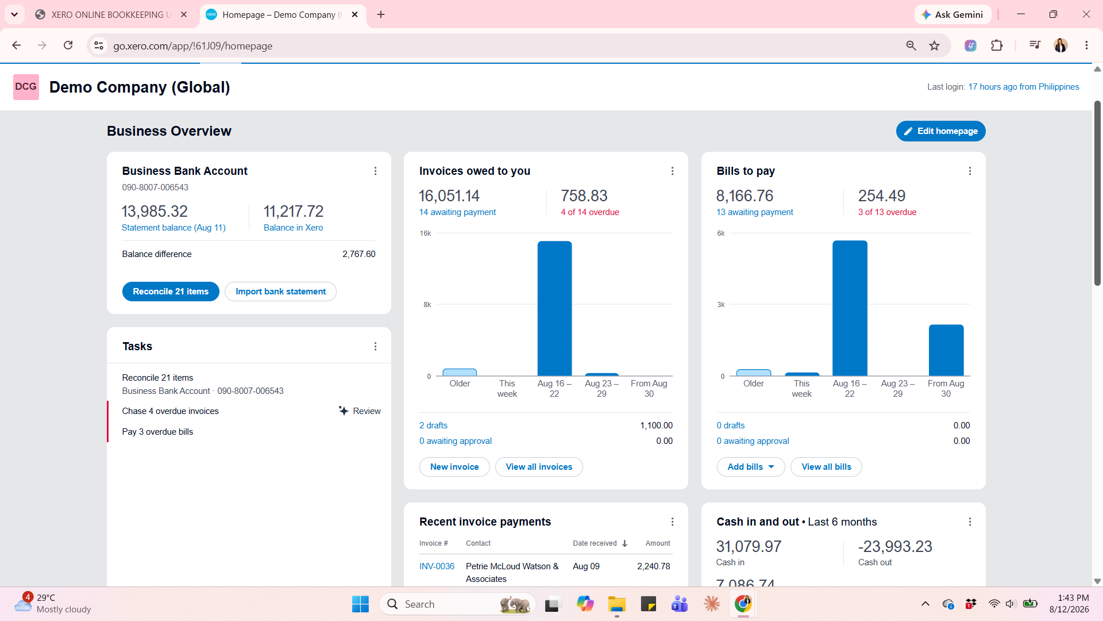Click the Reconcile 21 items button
[x=171, y=292]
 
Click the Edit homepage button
[x=940, y=131]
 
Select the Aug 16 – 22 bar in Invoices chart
[x=554, y=308]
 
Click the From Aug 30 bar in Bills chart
[x=946, y=350]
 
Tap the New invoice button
[x=454, y=467]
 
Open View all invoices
[x=539, y=467]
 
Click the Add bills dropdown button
[x=751, y=467]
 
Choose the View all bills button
[x=826, y=467]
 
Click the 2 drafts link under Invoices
[x=433, y=425]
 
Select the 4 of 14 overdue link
[x=590, y=212]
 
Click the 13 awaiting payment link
[x=754, y=212]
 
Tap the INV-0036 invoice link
[x=437, y=566]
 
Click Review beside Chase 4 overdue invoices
[x=360, y=411]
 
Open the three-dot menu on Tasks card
[x=375, y=346]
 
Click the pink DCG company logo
[x=26, y=87]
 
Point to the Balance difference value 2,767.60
[x=359, y=254]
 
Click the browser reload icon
[x=68, y=45]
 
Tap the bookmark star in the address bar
[x=935, y=45]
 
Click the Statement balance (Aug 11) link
[x=173, y=228]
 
